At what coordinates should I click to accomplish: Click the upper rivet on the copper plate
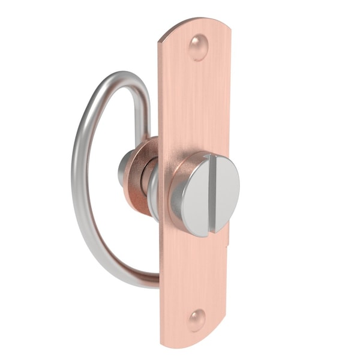point(198,47)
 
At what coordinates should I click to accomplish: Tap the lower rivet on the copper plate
point(196,320)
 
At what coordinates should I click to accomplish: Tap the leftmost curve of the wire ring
point(76,180)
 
